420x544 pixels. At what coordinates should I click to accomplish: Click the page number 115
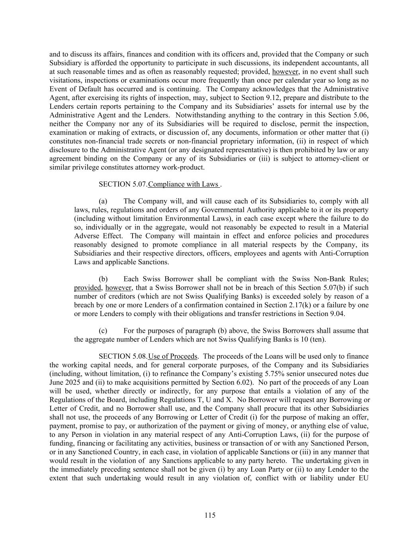pyautogui.click(x=210, y=515)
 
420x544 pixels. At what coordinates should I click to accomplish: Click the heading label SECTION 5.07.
pyautogui.click(x=123, y=184)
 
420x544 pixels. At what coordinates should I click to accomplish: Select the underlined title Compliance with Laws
pyautogui.click(x=184, y=184)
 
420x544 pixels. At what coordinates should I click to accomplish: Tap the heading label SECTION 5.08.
pyautogui.click(x=123, y=356)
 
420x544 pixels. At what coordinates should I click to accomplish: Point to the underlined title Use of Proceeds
pyautogui.click(x=173, y=356)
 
